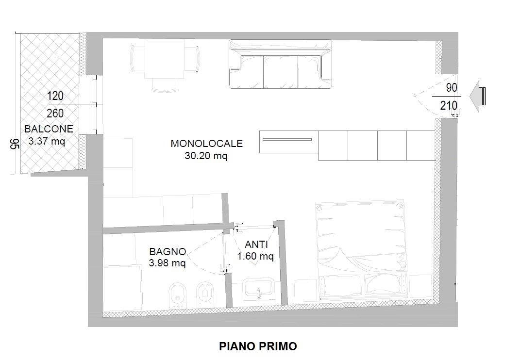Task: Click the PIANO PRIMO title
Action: pyautogui.click(x=258, y=346)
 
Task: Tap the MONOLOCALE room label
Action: pyautogui.click(x=207, y=144)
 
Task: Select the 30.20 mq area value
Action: pyautogui.click(x=206, y=156)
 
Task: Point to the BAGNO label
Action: pyautogui.click(x=168, y=251)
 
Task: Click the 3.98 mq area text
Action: pyautogui.click(x=167, y=263)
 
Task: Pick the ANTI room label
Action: pyautogui.click(x=256, y=245)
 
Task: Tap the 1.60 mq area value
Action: pyautogui.click(x=255, y=256)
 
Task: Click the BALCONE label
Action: pyautogui.click(x=49, y=129)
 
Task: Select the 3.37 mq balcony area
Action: pyautogui.click(x=47, y=141)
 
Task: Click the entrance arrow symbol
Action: pyautogui.click(x=477, y=96)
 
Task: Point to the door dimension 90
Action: pyautogui.click(x=452, y=88)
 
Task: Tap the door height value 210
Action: pyautogui.click(x=449, y=106)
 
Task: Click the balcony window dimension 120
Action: pyautogui.click(x=55, y=96)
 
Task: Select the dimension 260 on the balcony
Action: pyautogui.click(x=55, y=114)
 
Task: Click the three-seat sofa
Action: pyautogui.click(x=281, y=65)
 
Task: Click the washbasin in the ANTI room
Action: pyautogui.click(x=258, y=288)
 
